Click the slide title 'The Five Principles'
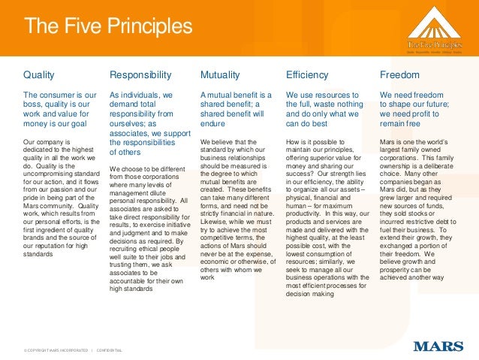(x=108, y=27)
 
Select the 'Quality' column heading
(x=39, y=75)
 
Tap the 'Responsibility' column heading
(x=140, y=75)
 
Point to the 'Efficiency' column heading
(x=308, y=75)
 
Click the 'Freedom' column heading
(x=399, y=75)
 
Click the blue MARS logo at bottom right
(x=438, y=346)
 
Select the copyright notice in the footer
(x=56, y=350)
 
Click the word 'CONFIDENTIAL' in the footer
(x=109, y=350)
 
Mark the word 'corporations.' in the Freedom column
(x=404, y=158)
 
